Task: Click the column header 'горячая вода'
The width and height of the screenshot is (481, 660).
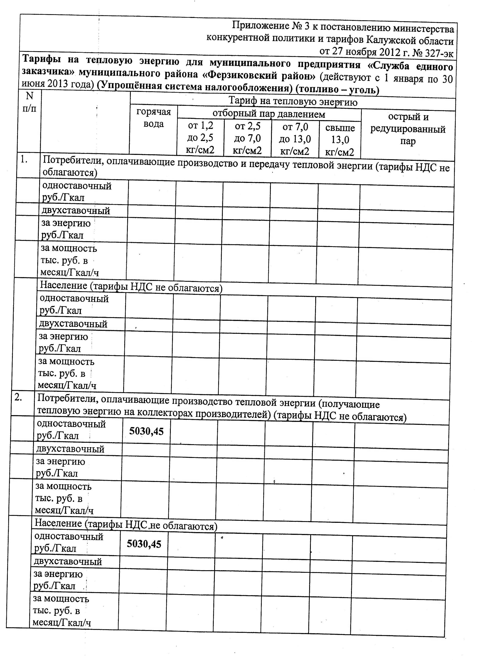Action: [x=154, y=118]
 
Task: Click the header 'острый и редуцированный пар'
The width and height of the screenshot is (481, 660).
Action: [x=408, y=129]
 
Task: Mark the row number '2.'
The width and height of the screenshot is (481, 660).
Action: [x=18, y=398]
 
